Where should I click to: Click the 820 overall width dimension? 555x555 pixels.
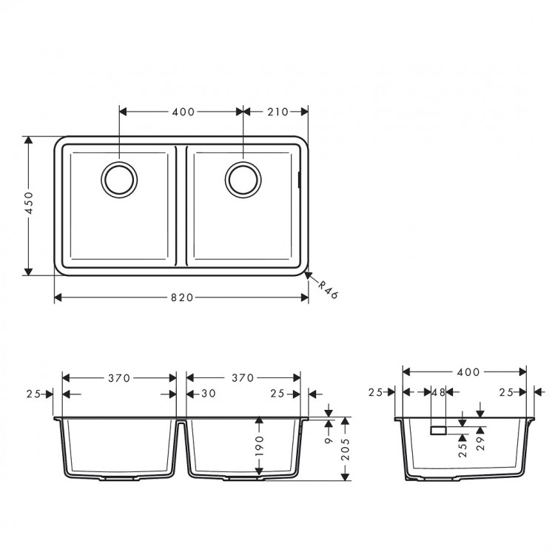pos(182,297)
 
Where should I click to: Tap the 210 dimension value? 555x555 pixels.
pos(276,112)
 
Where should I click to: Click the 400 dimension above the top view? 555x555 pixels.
pos(182,112)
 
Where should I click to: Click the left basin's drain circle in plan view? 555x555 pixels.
pos(119,179)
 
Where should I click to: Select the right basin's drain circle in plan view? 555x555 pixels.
pos(243,179)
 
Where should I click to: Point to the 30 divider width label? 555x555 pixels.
pos(208,394)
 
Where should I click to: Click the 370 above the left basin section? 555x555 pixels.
pos(118,377)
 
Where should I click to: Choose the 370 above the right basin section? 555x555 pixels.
pos(243,377)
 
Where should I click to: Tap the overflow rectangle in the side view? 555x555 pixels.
pos(438,429)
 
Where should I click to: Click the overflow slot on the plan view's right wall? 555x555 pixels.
pos(299,179)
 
